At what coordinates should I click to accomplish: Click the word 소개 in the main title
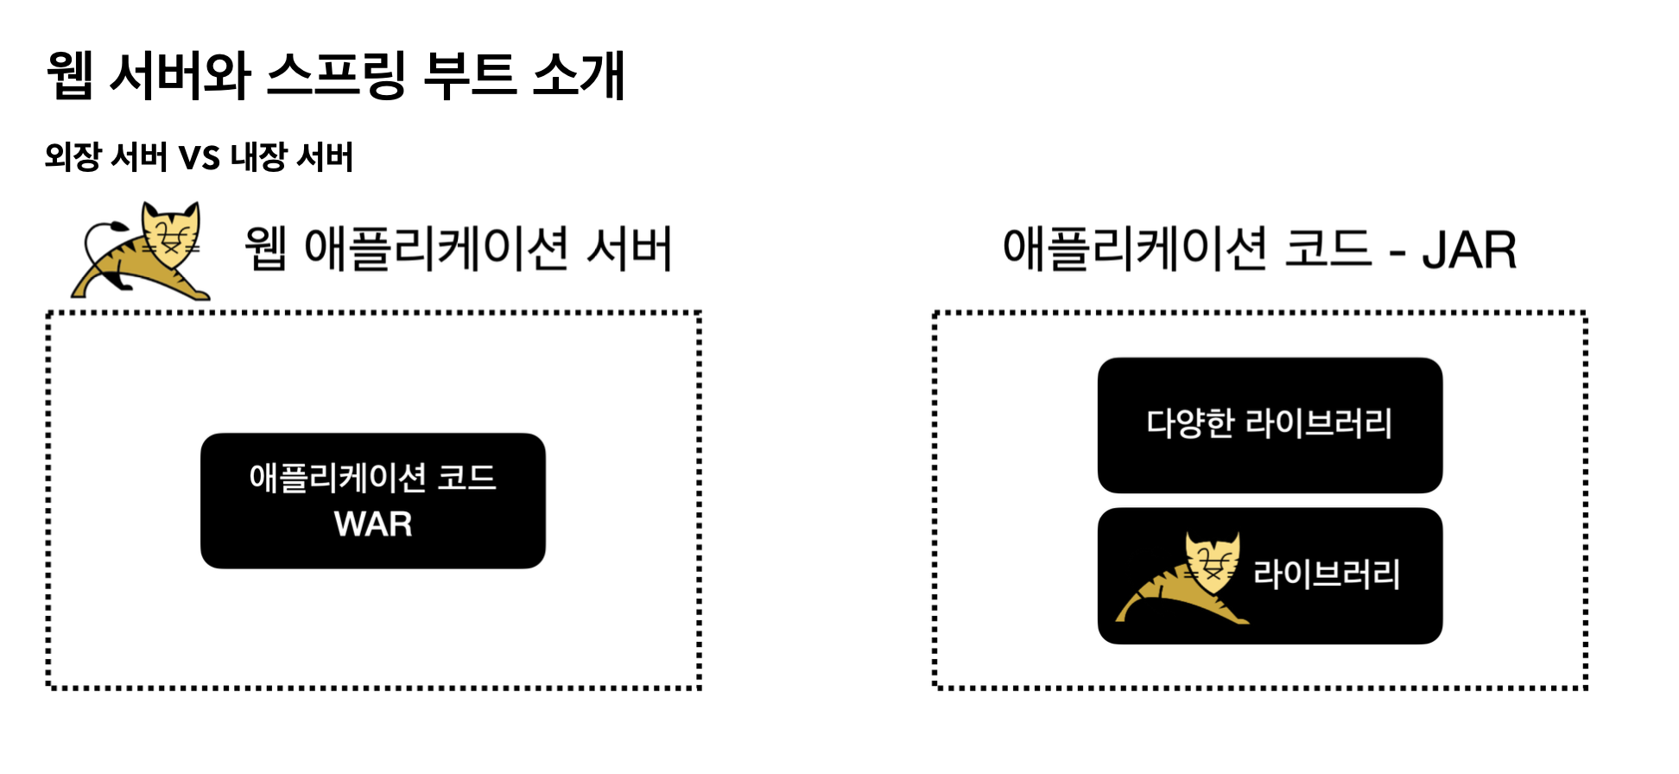[579, 74]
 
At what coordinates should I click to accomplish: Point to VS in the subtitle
[199, 158]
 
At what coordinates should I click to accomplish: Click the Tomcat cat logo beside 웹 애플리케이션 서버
[143, 251]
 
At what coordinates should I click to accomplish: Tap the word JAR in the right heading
[1469, 251]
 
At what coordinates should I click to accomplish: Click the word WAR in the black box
[373, 524]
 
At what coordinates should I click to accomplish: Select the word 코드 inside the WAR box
[466, 478]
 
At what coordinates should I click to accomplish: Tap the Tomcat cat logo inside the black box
[1184, 577]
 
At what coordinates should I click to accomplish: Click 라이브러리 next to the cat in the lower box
[1327, 574]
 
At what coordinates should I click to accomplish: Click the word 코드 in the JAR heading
[1327, 249]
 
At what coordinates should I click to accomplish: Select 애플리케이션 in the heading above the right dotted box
[1135, 249]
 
